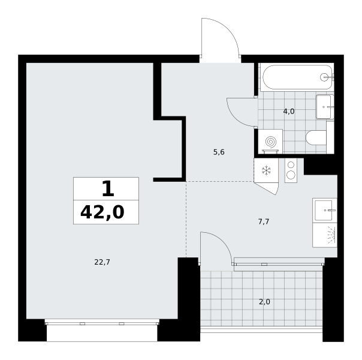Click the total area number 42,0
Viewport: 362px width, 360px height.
(x=102, y=212)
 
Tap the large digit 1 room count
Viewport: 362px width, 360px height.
(x=108, y=188)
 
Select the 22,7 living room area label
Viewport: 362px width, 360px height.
(x=102, y=262)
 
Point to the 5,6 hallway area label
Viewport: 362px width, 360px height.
(x=219, y=152)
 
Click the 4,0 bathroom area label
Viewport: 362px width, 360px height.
(x=289, y=112)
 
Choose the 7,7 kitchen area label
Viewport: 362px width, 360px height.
(x=264, y=222)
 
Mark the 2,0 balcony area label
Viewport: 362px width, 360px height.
(x=264, y=302)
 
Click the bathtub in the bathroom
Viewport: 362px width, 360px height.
(x=297, y=77)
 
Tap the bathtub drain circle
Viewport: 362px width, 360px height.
(x=324, y=77)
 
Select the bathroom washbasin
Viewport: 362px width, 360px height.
(x=325, y=107)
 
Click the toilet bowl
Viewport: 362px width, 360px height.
(x=316, y=138)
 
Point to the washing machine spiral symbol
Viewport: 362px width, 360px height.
(x=270, y=142)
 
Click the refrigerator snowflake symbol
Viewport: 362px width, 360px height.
(x=266, y=170)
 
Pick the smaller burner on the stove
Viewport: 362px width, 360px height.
(x=291, y=164)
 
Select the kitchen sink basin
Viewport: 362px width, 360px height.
(x=324, y=211)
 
